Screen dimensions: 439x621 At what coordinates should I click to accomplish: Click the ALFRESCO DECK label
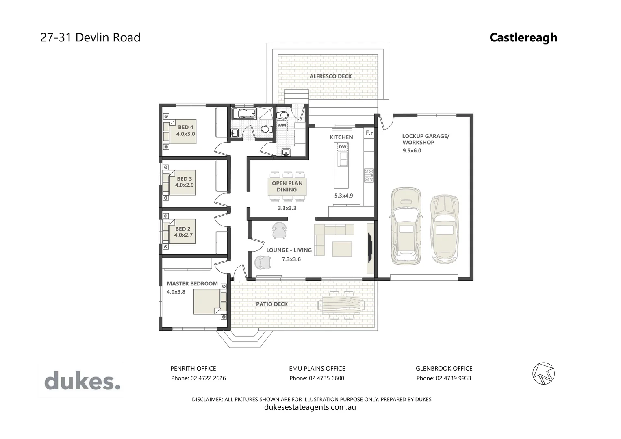click(x=330, y=76)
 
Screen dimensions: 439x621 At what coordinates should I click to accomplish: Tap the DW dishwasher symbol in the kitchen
click(x=343, y=147)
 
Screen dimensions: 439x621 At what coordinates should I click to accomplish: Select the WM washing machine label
click(x=282, y=125)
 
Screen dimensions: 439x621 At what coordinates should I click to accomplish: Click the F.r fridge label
click(x=369, y=133)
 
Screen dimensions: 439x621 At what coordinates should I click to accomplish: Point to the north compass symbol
click(x=543, y=373)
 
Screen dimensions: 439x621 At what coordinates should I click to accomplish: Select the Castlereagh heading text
click(x=523, y=37)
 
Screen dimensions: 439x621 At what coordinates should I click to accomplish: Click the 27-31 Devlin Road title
click(x=91, y=37)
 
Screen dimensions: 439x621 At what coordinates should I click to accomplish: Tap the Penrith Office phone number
click(x=198, y=378)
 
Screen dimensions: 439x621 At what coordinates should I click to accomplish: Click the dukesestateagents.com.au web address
click(x=310, y=407)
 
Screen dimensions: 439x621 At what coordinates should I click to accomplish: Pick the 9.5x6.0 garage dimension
click(x=412, y=150)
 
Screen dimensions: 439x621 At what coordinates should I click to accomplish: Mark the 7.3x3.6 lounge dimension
click(x=291, y=259)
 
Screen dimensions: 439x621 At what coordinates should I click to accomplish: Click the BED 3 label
click(x=184, y=179)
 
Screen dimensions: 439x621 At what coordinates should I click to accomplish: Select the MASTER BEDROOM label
click(x=192, y=284)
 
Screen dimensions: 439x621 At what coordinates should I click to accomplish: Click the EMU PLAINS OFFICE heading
click(x=317, y=369)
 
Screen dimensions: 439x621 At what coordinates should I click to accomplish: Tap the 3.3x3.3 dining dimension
click(x=287, y=208)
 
